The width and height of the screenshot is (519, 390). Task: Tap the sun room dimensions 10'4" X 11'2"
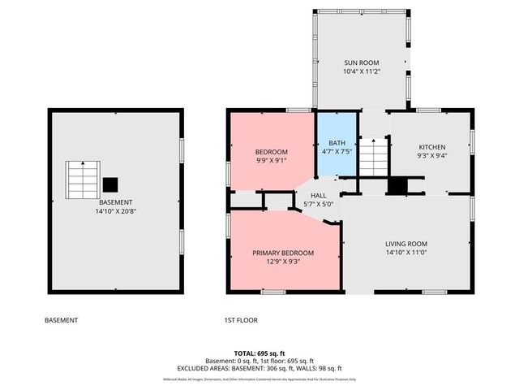point(361,71)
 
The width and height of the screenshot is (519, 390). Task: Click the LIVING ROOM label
point(406,244)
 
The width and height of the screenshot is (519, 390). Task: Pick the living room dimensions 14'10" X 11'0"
point(406,253)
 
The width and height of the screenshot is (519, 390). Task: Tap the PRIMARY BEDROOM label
point(282,253)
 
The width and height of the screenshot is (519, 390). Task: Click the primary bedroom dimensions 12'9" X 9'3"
point(282,262)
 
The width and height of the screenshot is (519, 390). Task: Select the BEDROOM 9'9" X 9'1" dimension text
point(271,161)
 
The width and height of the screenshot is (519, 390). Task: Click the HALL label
point(318,195)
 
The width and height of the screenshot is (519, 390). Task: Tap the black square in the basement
point(110,184)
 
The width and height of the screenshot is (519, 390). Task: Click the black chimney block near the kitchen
point(397,185)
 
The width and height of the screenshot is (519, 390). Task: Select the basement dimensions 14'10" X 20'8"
point(116,212)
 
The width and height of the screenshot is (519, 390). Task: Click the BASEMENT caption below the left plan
point(61,320)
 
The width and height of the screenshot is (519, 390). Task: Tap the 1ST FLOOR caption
point(241,320)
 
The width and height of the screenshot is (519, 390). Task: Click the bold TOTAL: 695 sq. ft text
point(259,353)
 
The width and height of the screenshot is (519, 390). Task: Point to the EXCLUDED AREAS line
point(259,368)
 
